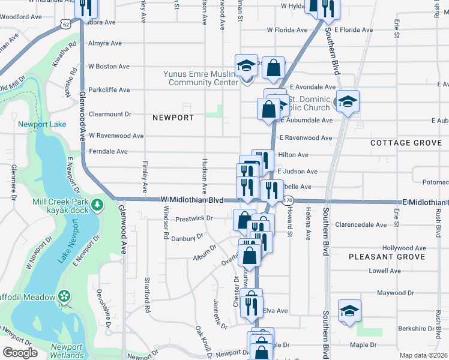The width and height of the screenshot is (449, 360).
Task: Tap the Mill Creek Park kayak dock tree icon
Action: pyautogui.click(x=97, y=206)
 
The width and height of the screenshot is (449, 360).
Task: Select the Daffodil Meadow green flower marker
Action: pyautogui.click(x=64, y=296)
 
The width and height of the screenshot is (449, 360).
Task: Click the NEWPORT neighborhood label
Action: pyautogui.click(x=173, y=118)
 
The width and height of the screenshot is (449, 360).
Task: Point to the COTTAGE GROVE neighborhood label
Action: pyautogui.click(x=406, y=143)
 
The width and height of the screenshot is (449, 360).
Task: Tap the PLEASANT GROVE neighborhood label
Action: pyautogui.click(x=387, y=257)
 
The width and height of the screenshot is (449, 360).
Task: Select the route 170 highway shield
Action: pyautogui.click(x=289, y=200)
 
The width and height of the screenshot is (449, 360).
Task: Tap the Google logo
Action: pyautogui.click(x=20, y=352)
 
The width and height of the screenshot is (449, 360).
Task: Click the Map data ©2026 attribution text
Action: pyautogui.click(x=423, y=355)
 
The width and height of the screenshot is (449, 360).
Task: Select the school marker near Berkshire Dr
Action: pyautogui.click(x=349, y=310)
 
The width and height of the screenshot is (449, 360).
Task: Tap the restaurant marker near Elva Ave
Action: pyautogui.click(x=252, y=305)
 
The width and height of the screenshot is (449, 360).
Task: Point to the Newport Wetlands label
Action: pyautogui.click(x=67, y=351)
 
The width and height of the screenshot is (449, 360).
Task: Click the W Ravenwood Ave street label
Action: pyautogui.click(x=116, y=136)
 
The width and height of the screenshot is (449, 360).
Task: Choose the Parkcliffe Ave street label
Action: pyautogui.click(x=109, y=90)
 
